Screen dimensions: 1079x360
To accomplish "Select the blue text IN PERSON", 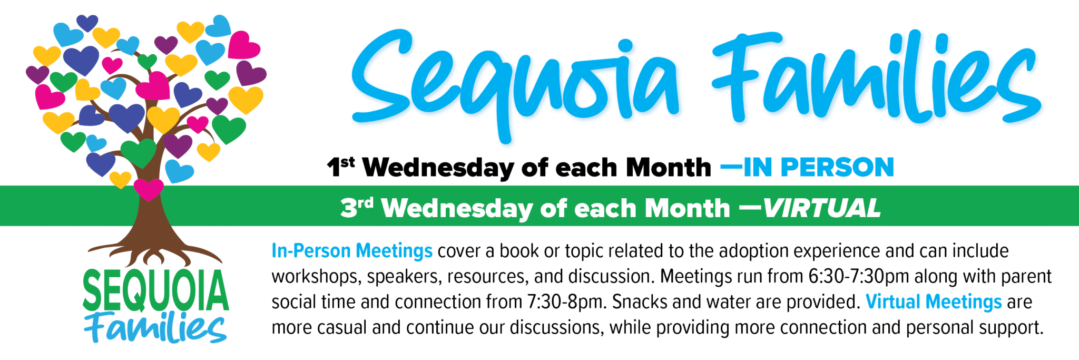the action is click(819, 168).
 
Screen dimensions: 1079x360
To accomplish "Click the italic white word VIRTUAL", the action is click(822, 208).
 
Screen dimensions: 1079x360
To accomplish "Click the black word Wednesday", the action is click(438, 168).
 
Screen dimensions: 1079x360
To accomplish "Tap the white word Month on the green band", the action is click(688, 208).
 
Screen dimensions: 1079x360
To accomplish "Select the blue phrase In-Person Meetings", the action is click(352, 251).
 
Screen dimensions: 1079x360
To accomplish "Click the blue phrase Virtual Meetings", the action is click(934, 302).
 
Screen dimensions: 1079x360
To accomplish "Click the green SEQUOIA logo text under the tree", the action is click(156, 290).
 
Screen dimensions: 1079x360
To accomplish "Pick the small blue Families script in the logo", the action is click(156, 328).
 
